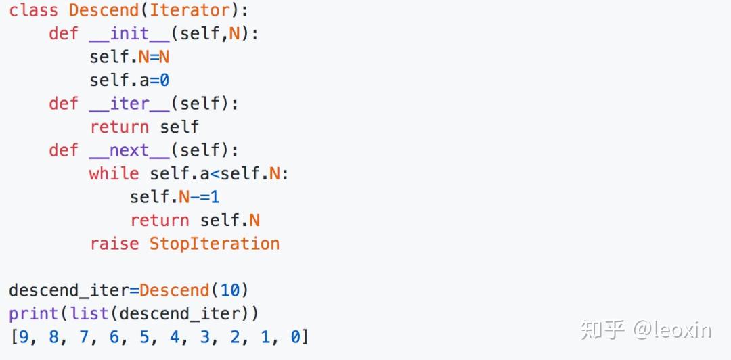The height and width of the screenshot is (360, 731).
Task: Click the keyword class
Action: tap(33, 10)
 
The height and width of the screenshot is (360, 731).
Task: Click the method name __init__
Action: tap(129, 33)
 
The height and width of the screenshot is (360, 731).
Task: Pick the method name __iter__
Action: tap(129, 104)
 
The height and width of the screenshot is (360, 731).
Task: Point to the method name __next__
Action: tap(129, 150)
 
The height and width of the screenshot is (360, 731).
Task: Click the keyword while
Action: tap(114, 174)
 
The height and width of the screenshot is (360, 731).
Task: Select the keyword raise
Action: tap(114, 244)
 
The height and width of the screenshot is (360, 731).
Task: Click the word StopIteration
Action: tap(214, 244)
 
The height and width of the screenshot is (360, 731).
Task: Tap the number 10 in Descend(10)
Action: tap(229, 290)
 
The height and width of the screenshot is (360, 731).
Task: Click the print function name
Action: tap(33, 314)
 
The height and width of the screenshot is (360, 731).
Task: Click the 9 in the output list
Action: tap(24, 337)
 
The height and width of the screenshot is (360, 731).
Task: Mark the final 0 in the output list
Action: tap(295, 337)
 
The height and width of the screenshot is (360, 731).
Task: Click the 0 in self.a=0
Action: tap(164, 81)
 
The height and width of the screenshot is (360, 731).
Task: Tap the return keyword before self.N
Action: tap(159, 220)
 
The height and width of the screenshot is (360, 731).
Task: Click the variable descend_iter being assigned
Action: tap(68, 290)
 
